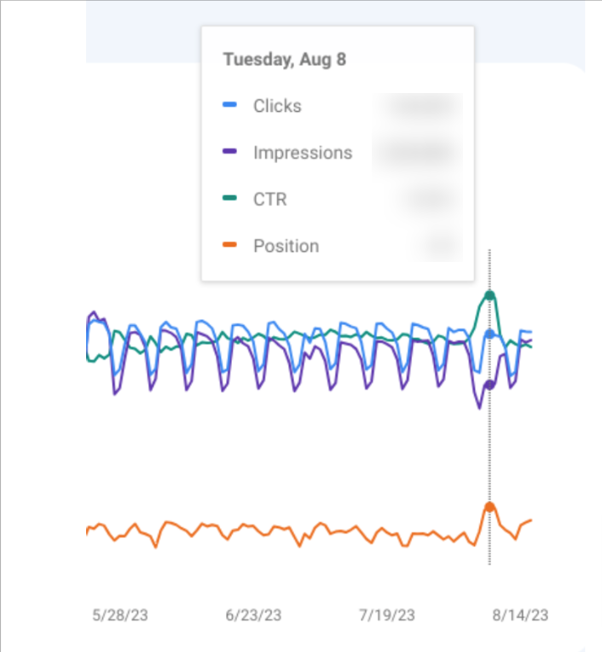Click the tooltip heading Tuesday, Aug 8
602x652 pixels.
tap(284, 60)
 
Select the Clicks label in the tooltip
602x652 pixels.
tap(277, 106)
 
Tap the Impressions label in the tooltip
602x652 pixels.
tap(302, 153)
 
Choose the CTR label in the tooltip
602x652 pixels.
tap(269, 200)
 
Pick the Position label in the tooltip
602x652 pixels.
tap(286, 247)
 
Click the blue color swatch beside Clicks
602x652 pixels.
tap(229, 106)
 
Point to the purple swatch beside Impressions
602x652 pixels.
tap(229, 153)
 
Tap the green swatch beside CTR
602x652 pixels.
tap(229, 200)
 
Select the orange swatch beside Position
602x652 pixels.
tap(229, 247)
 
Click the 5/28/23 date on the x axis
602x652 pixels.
tap(119, 614)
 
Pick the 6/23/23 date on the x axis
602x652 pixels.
tap(253, 614)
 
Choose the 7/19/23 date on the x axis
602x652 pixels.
tap(387, 614)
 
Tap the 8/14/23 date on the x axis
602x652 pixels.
tap(520, 614)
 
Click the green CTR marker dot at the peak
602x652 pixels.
tap(489, 296)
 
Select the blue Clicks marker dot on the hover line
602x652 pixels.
tap(489, 335)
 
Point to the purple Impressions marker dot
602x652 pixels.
tap(489, 384)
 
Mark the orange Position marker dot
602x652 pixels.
tap(489, 507)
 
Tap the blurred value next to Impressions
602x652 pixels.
tap(418, 153)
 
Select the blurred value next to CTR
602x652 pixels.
tap(431, 200)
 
